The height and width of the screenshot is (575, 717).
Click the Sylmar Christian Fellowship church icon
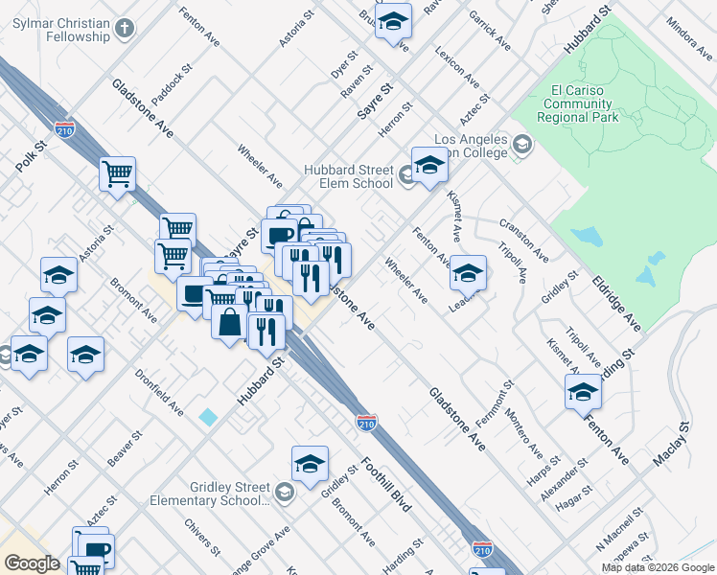(123, 28)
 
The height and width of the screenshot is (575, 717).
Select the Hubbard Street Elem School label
(348, 176)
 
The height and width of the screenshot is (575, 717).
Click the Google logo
(32, 563)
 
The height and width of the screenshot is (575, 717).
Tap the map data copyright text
(657, 567)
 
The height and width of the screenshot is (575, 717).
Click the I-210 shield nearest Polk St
(65, 128)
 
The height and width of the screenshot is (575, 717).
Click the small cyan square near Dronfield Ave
(208, 418)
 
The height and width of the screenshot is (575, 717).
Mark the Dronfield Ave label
(159, 393)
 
